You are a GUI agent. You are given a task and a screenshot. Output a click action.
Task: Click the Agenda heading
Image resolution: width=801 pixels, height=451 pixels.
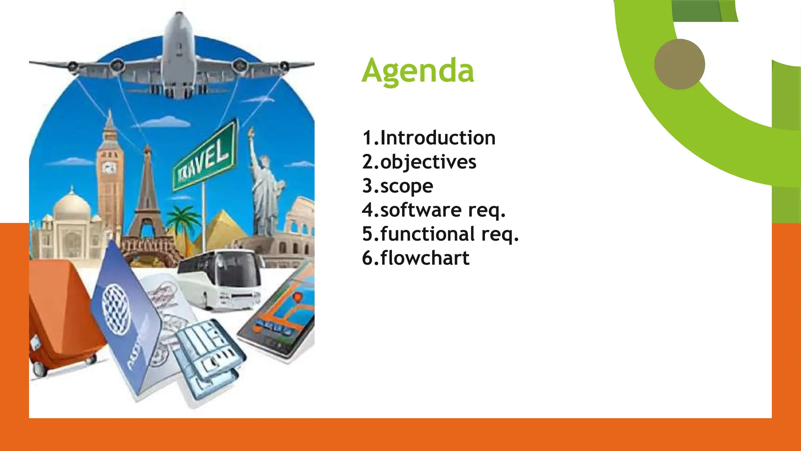pos(418,70)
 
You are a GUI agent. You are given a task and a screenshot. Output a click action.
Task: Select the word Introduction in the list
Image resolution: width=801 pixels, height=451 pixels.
pos(438,138)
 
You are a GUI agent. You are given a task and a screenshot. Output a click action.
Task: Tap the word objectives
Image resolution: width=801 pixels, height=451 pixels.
pos(428,162)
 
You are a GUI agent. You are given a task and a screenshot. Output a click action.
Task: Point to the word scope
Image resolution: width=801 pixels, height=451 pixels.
pos(407,186)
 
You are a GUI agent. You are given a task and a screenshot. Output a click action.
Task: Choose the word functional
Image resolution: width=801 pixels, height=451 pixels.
pos(427,234)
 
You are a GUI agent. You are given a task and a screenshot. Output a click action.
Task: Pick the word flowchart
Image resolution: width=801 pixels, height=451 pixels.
pos(425,258)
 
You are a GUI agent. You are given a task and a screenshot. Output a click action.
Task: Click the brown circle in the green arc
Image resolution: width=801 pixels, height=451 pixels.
pos(679,64)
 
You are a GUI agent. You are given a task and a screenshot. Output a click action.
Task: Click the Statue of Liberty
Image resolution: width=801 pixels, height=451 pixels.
pos(266,184)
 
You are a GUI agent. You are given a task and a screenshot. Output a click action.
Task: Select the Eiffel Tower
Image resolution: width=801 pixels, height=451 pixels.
pos(147,196)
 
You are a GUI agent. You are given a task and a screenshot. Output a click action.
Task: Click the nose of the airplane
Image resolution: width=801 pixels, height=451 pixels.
pos(179,18)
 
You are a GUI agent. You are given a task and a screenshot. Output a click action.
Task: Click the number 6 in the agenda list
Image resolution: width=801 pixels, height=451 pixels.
pos(367,258)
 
